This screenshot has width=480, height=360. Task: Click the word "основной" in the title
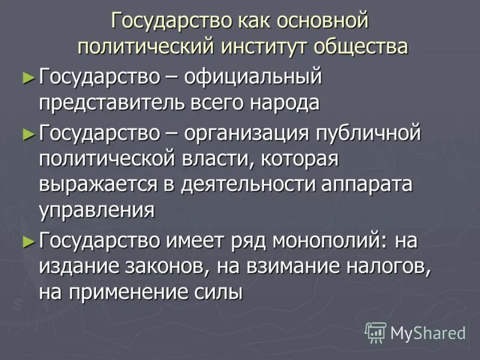[322, 22]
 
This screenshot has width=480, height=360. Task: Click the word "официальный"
[253, 77]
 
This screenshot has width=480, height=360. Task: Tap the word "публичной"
[370, 133]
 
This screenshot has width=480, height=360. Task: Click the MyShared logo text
[428, 332]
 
